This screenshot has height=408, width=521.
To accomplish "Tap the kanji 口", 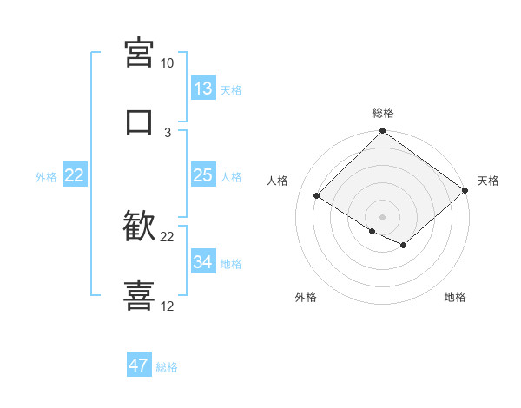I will click(x=140, y=122).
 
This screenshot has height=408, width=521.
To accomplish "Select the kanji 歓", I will click(x=140, y=227).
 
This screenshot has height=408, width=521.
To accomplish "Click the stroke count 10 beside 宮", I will click(x=167, y=63).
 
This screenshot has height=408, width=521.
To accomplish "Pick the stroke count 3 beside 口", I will click(x=168, y=133).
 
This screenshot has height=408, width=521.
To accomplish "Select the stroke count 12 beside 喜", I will click(x=168, y=306).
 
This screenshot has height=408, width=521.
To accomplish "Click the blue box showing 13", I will click(x=203, y=89).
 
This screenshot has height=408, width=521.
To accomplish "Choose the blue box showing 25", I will click(x=203, y=175).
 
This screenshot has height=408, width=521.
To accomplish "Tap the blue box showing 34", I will click(x=203, y=262).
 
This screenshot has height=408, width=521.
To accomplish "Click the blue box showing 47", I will click(x=139, y=365).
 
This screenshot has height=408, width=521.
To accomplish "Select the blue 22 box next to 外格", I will click(x=75, y=175).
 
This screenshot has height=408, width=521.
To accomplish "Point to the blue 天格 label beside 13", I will click(x=231, y=89).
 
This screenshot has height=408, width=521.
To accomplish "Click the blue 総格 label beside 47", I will click(x=167, y=366).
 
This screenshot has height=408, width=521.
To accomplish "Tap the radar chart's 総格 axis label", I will click(x=383, y=113).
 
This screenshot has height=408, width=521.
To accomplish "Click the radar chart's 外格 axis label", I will click(x=306, y=298).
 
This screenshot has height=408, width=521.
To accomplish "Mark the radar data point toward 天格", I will click(x=465, y=191).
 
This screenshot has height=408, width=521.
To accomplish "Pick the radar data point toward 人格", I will click(x=317, y=196).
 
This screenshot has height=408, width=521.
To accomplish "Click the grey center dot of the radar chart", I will click(x=383, y=216).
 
